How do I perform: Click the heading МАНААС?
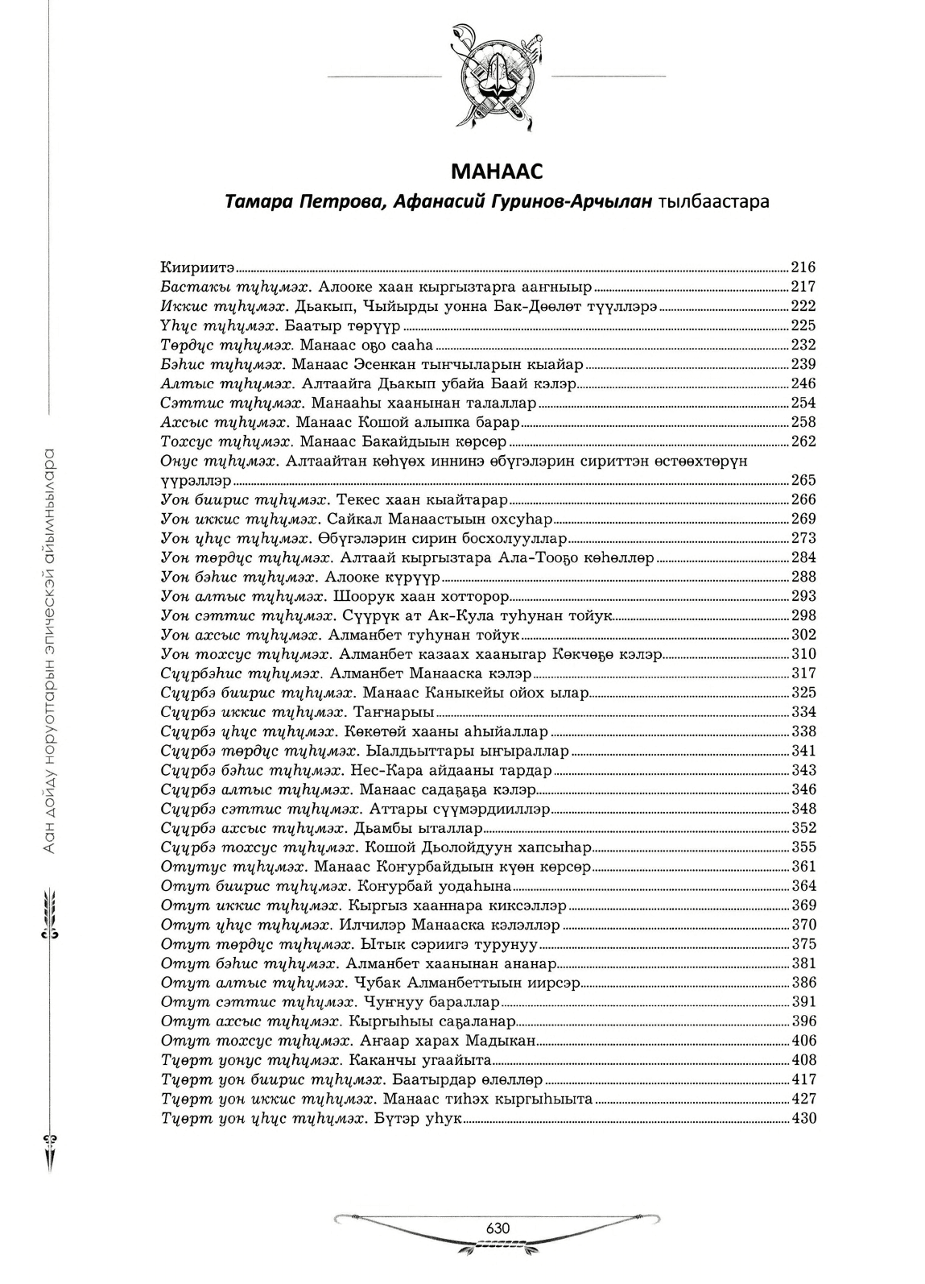click(x=497, y=172)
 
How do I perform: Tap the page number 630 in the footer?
click(x=498, y=1228)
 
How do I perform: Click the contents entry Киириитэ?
click(x=197, y=267)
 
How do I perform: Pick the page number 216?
click(x=803, y=267)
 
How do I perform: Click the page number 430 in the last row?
click(x=803, y=1118)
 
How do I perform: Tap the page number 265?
click(x=803, y=480)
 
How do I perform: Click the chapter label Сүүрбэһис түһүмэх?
click(x=241, y=673)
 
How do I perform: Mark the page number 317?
click(x=803, y=673)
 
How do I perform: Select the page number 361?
click(x=803, y=867)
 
